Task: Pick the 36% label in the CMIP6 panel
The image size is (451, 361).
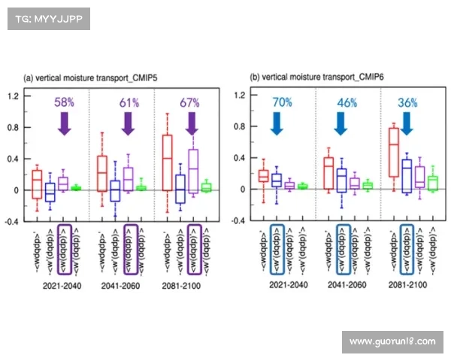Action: (x=406, y=101)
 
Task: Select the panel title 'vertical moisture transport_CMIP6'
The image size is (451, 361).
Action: (x=313, y=77)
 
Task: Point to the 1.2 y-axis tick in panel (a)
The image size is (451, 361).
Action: (x=14, y=96)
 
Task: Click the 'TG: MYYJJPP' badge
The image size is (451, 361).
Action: (x=48, y=19)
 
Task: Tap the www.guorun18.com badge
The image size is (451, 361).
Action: (x=392, y=341)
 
